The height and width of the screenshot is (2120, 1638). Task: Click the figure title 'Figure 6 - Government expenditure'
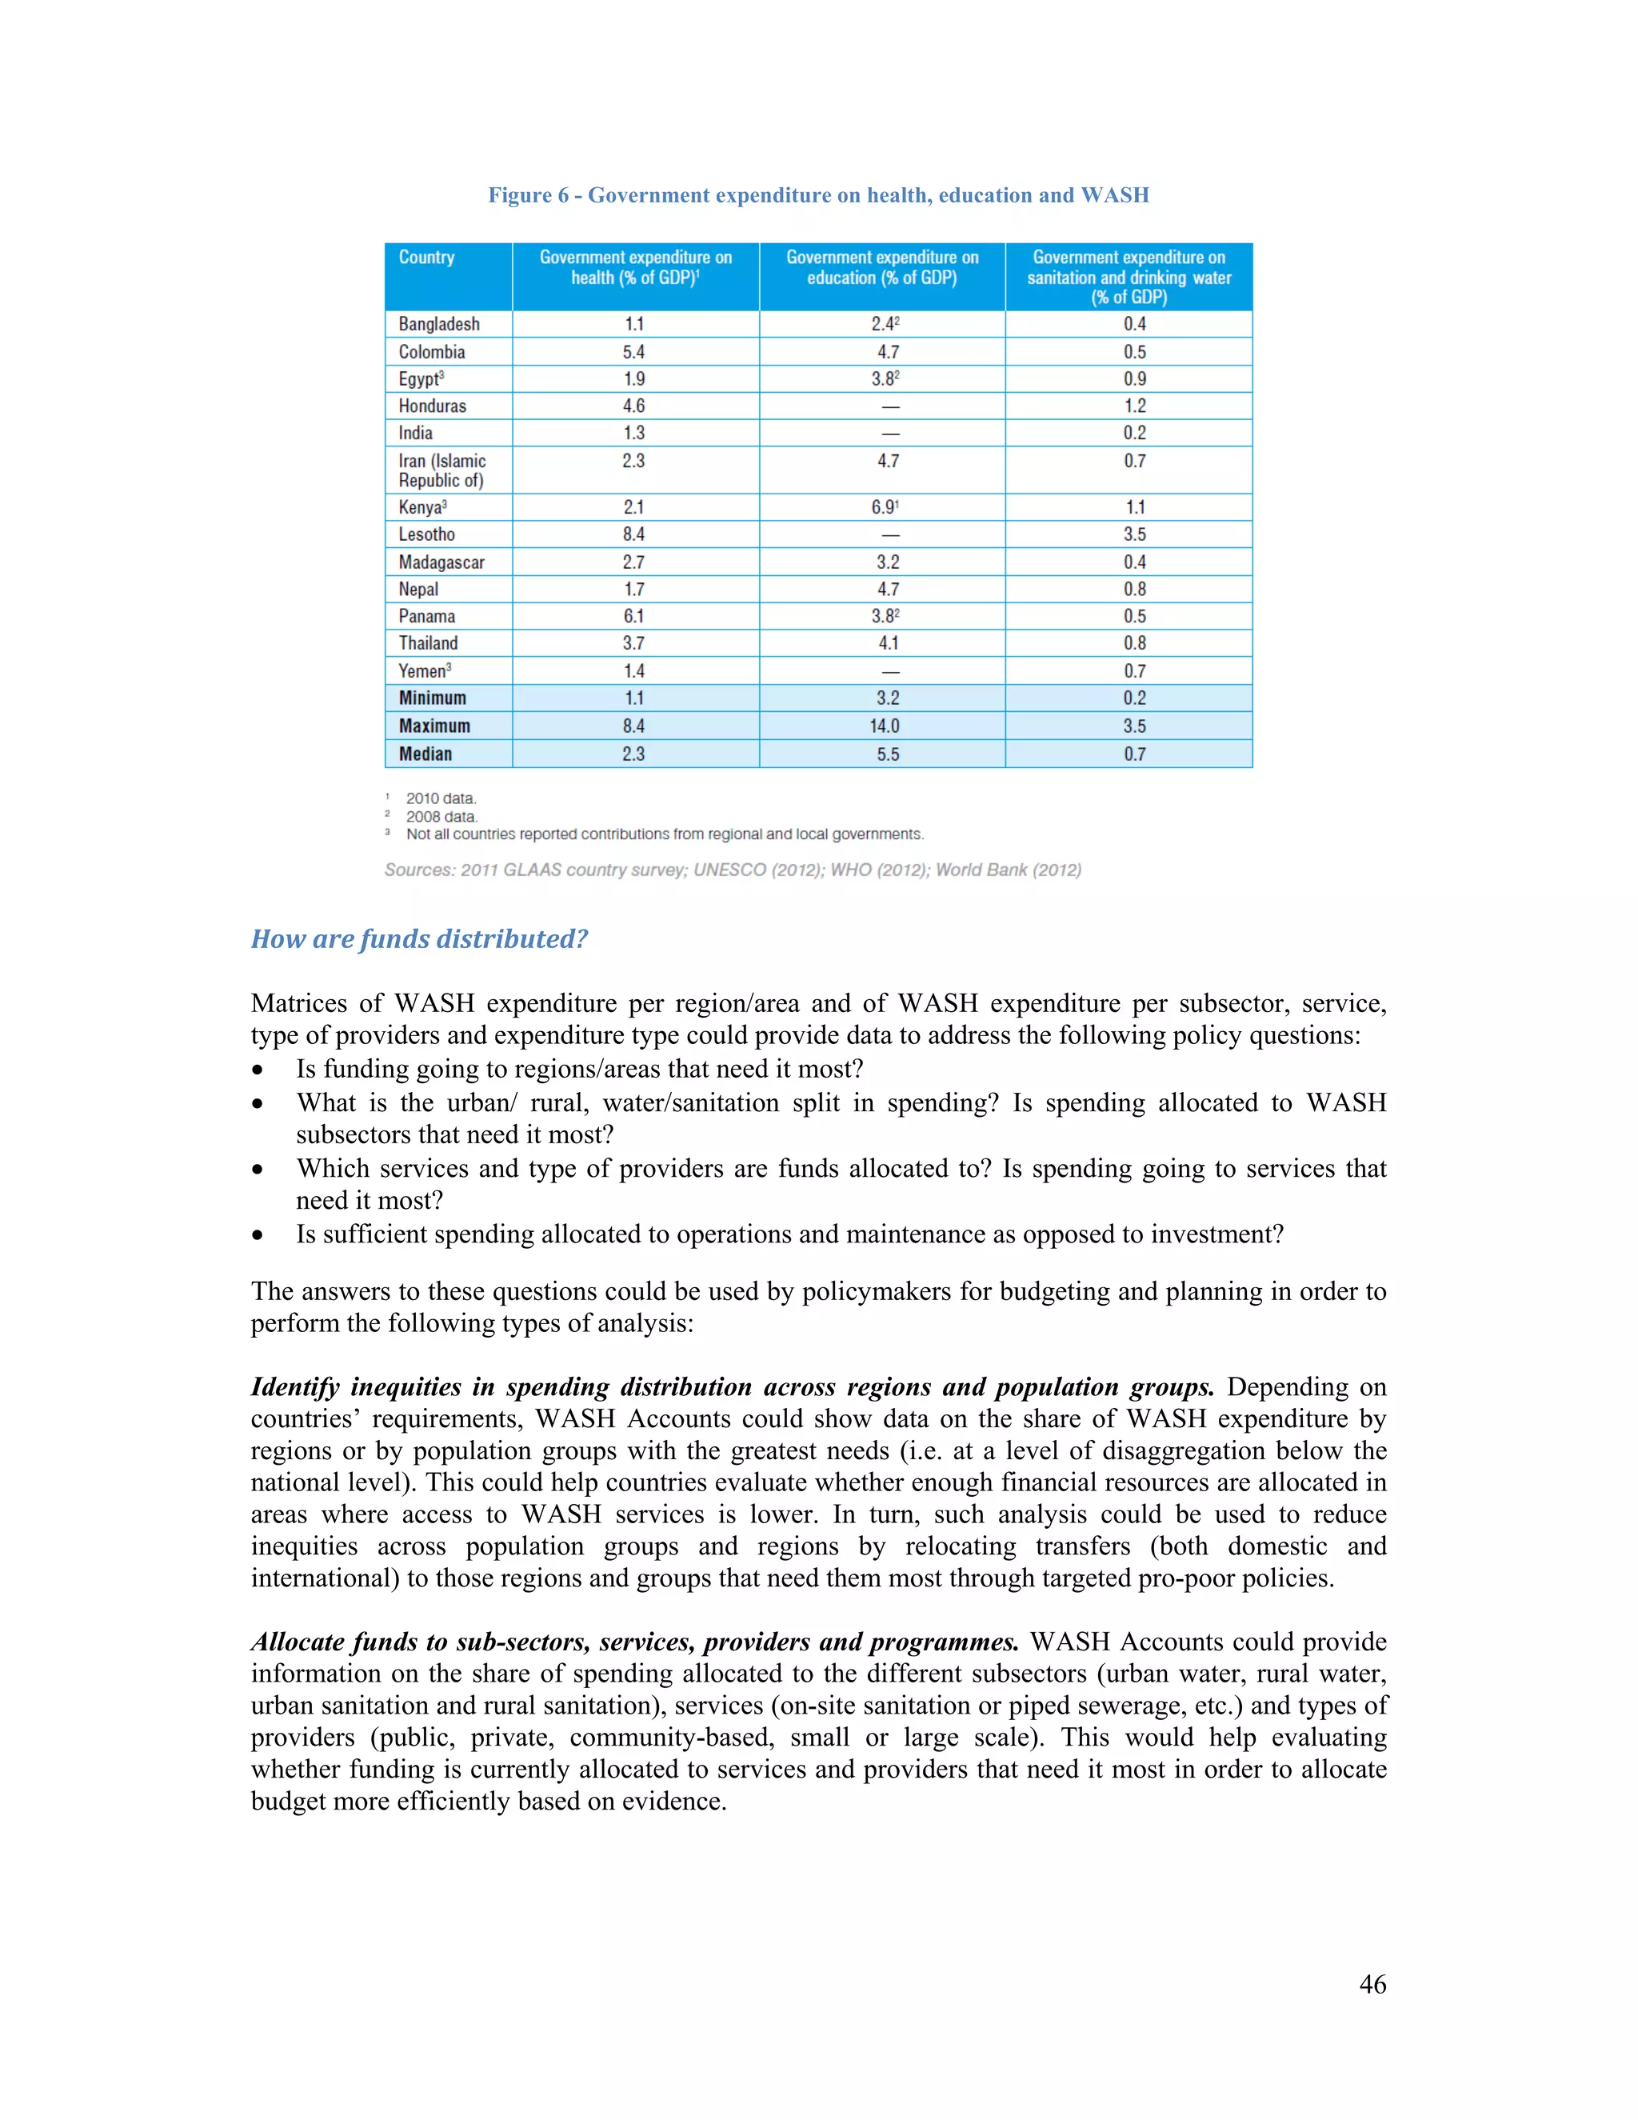coord(818,195)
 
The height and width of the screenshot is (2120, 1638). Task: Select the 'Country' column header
coord(426,258)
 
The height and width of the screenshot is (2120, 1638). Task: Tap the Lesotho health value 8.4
coord(633,534)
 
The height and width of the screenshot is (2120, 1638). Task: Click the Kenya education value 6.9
coord(884,506)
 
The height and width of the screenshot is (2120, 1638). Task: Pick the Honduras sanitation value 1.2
coord(1134,406)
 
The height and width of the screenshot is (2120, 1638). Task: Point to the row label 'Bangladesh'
coord(438,324)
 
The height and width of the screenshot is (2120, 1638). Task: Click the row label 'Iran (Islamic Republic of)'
coord(441,470)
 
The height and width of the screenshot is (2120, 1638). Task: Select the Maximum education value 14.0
coord(884,726)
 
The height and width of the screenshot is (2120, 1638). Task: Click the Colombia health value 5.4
coord(633,351)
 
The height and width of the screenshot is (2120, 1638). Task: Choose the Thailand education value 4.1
coord(888,642)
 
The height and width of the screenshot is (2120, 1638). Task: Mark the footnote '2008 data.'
coord(441,816)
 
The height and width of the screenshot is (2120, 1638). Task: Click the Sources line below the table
coord(733,870)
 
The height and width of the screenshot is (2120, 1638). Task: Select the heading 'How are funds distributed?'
coord(419,938)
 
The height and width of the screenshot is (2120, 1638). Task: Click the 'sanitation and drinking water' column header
coord(1129,277)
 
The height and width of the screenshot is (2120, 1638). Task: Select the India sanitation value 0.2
coord(1134,433)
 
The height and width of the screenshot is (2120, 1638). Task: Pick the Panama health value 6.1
coord(633,616)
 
